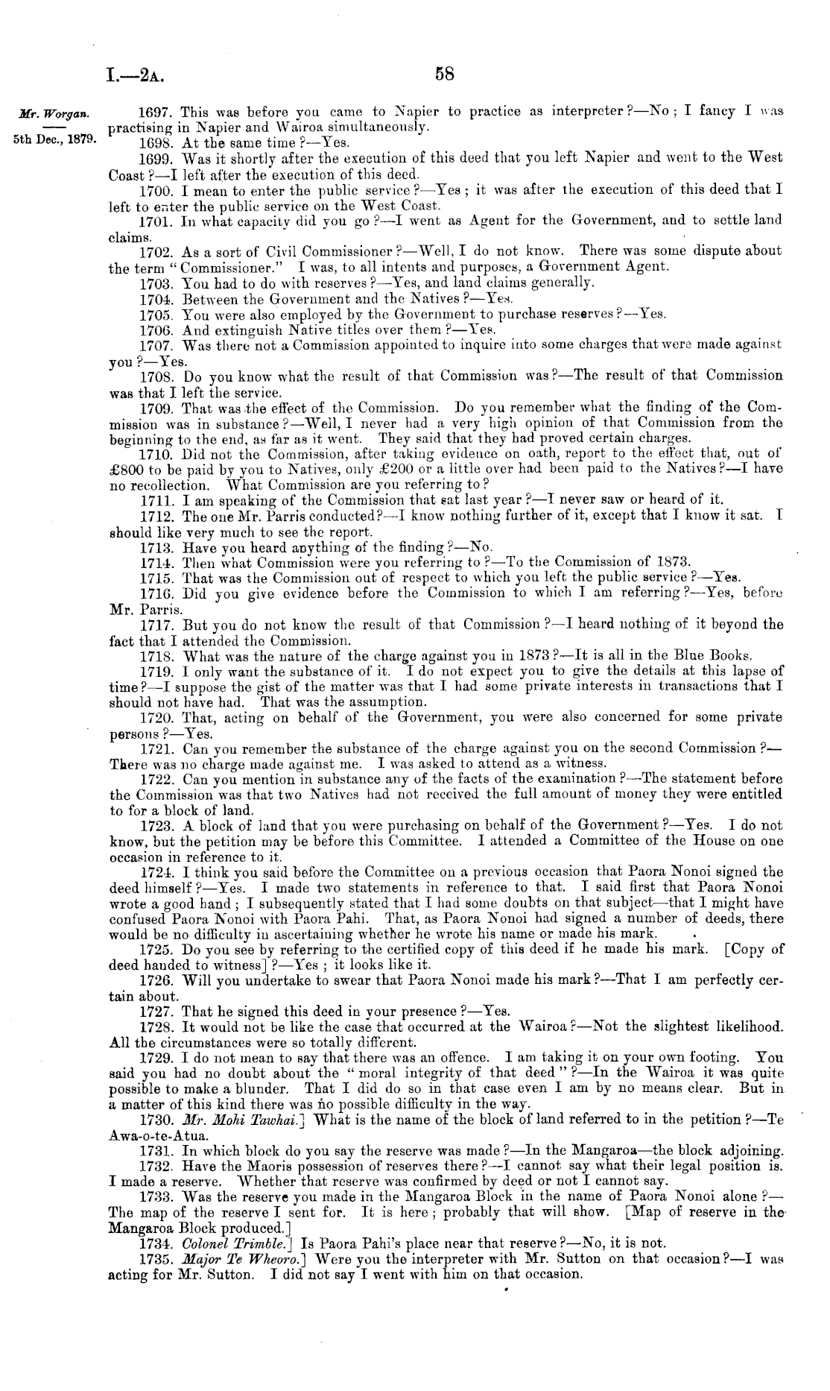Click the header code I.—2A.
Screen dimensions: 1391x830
point(134,75)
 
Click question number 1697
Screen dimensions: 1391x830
point(156,112)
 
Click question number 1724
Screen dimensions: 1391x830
point(156,871)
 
